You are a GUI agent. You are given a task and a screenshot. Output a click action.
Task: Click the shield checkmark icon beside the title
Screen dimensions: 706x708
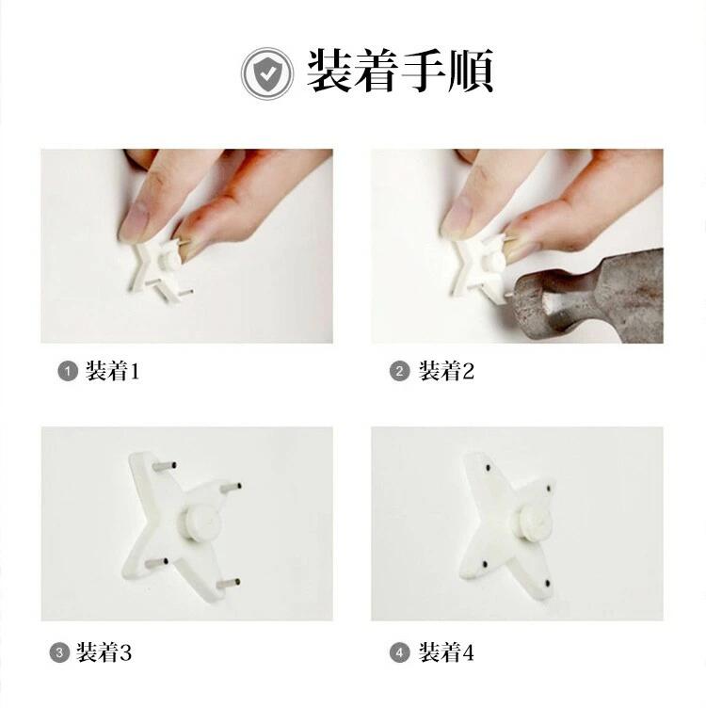tap(267, 73)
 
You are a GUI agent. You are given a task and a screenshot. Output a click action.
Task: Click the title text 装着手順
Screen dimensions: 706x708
tap(400, 72)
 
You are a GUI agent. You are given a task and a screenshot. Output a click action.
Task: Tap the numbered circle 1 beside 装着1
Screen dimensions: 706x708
tap(68, 372)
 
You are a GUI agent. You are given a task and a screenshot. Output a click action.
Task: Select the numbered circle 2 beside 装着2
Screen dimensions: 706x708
tap(399, 372)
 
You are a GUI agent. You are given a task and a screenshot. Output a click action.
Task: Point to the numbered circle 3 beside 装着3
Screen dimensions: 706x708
tap(59, 652)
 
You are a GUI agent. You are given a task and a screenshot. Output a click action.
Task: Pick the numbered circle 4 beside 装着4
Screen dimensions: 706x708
tap(399, 652)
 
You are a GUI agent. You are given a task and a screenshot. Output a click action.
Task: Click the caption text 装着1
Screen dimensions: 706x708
tap(113, 371)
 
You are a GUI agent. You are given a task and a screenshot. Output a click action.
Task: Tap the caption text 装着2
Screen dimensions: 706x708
tap(446, 371)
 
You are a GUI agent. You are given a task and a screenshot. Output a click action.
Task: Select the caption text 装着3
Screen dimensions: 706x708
tap(104, 652)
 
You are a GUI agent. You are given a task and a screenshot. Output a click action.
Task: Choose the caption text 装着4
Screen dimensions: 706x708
tap(446, 652)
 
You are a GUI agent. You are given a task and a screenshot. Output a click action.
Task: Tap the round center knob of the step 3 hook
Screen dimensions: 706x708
tap(201, 522)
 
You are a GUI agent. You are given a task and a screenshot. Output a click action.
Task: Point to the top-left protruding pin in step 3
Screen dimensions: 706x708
tap(165, 465)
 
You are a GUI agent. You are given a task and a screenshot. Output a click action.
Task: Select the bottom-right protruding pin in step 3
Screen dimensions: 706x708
tap(229, 584)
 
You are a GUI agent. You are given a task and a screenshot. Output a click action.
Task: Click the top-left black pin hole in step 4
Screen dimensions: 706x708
tap(488, 468)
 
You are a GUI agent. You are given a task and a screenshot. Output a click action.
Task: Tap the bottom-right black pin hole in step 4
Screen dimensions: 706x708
tap(548, 584)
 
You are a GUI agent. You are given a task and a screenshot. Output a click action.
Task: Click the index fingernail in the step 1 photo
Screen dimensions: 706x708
tap(135, 218)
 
